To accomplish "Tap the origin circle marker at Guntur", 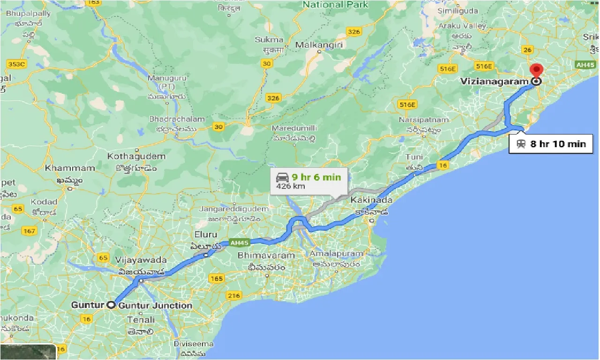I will [x=111, y=305].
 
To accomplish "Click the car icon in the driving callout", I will [x=282, y=177].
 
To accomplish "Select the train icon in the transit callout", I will [x=521, y=144].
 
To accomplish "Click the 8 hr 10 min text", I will [x=558, y=144].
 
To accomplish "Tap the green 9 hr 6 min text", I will [x=316, y=177].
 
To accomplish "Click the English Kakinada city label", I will [x=371, y=200].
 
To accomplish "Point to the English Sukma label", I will [x=269, y=40].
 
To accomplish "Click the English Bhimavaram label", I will [x=266, y=255].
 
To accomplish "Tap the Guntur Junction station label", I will [x=156, y=306].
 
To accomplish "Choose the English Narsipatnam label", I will [x=424, y=120].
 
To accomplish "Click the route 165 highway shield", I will [x=217, y=278].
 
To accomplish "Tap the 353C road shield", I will [x=16, y=64].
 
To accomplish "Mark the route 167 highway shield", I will [x=29, y=231].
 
